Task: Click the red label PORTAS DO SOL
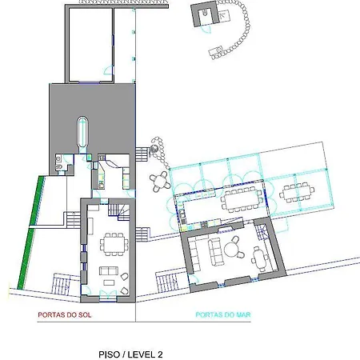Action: coord(65,315)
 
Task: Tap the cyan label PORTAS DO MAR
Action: coord(223,315)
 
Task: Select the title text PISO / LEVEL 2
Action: coord(130,354)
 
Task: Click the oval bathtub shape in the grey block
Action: coord(82,132)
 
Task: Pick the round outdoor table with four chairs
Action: coord(160,182)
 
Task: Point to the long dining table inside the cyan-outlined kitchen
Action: coord(242,200)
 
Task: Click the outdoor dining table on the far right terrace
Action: coord(297,192)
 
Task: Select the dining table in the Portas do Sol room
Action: coord(114,245)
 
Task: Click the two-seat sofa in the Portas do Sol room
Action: coord(109,270)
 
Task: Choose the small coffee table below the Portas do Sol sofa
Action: coord(109,282)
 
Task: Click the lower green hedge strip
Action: coord(26,259)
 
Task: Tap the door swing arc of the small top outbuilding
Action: coord(206,30)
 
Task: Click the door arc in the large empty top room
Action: coord(107,70)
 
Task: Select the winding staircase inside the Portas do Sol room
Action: coord(119,212)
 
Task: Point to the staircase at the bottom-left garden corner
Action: coord(62,284)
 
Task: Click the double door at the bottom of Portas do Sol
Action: coord(108,296)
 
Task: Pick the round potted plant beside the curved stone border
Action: coord(154,149)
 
